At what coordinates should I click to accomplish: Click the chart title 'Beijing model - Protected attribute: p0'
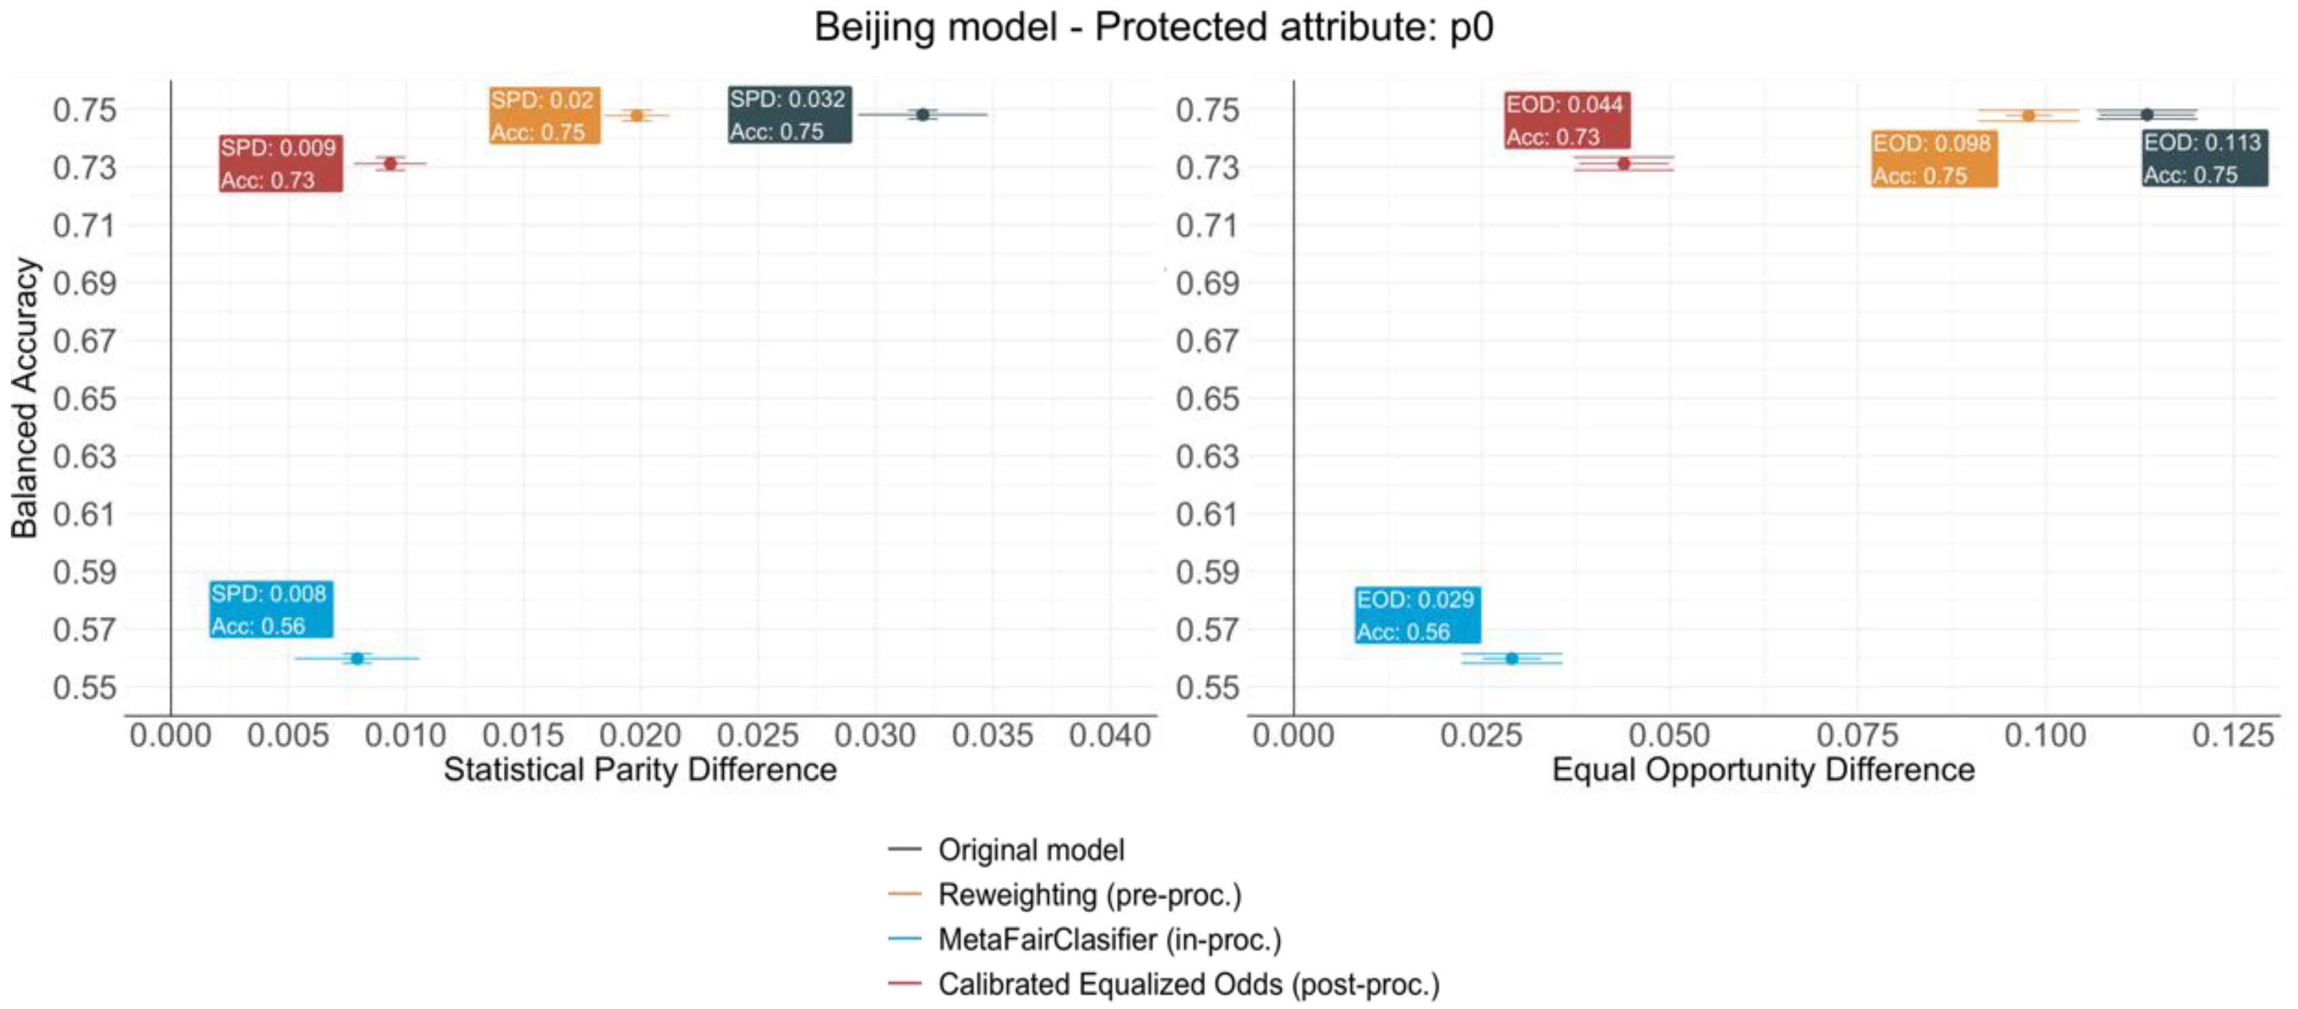click(x=1153, y=28)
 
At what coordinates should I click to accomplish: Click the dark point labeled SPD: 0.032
click(x=923, y=114)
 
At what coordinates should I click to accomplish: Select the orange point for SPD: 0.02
click(x=637, y=115)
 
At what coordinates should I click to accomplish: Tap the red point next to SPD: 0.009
click(x=390, y=163)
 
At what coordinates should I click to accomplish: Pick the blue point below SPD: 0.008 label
click(x=357, y=658)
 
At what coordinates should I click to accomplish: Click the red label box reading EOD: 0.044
click(x=1566, y=120)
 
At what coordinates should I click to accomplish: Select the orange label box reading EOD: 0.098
click(x=1933, y=159)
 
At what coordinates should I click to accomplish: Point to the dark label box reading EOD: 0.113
click(x=2203, y=158)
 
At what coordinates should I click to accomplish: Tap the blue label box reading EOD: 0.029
click(x=1417, y=615)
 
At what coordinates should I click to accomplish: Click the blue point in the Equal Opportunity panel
click(x=1511, y=658)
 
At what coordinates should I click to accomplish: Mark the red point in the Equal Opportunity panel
click(x=1624, y=163)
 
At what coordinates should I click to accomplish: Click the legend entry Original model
click(x=1030, y=849)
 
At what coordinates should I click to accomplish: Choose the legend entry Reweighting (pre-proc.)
click(x=1088, y=894)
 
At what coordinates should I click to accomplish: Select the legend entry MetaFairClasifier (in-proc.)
click(x=1109, y=939)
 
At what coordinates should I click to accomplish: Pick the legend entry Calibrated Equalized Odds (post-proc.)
click(x=1188, y=984)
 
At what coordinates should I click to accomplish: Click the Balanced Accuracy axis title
click(x=25, y=398)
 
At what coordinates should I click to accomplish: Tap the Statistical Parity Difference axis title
click(x=640, y=769)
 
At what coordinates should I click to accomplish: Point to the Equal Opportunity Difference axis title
click(x=1763, y=769)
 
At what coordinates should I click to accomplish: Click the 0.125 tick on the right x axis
click(x=2232, y=735)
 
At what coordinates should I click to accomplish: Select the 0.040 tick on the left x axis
click(x=1110, y=735)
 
